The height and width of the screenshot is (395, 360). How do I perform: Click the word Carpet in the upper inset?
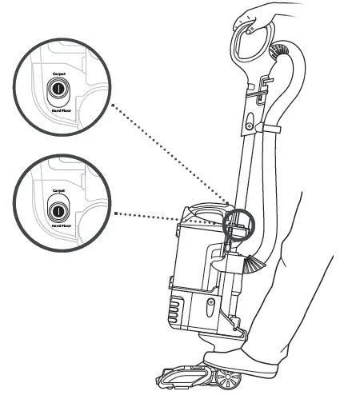[x=58, y=73]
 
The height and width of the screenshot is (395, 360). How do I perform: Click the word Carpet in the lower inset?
[x=58, y=192]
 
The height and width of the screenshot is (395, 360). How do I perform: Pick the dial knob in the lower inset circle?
[x=58, y=209]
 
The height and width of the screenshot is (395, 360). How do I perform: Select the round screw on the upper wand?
[x=250, y=126]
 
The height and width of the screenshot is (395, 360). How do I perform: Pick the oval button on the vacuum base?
[x=210, y=304]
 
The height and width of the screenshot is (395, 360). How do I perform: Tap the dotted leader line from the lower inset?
[x=168, y=214]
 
